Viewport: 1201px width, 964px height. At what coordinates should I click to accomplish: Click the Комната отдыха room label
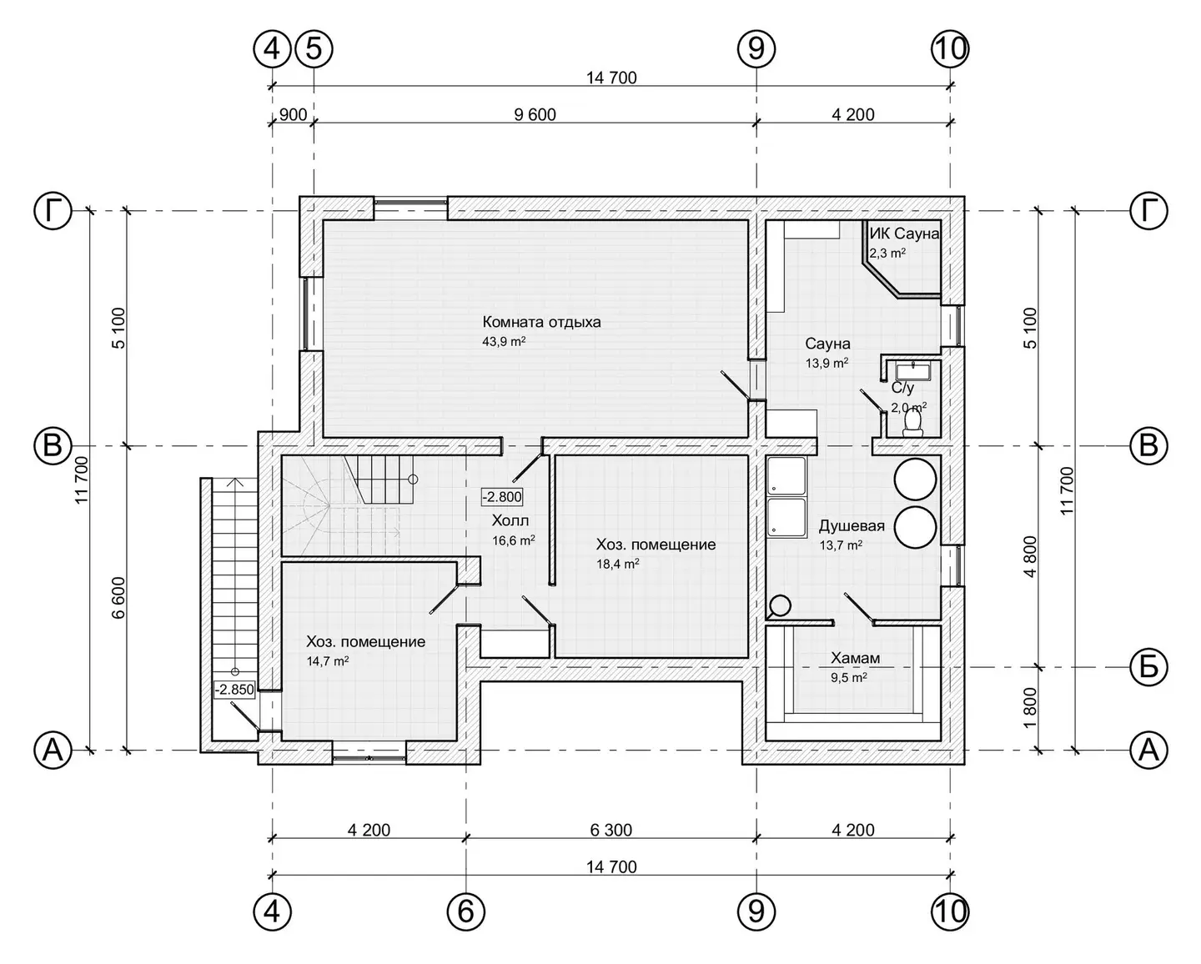click(541, 322)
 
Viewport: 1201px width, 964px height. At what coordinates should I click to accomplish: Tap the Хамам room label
click(855, 658)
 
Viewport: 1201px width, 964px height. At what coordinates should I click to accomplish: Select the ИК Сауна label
click(904, 233)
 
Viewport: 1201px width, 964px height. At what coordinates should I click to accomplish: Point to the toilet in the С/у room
click(913, 422)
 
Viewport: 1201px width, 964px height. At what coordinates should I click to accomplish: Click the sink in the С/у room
click(912, 370)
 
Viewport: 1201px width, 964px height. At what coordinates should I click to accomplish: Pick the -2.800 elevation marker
click(502, 496)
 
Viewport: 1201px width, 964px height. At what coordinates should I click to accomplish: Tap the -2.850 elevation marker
click(234, 690)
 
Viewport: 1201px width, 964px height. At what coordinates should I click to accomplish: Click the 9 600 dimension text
click(535, 114)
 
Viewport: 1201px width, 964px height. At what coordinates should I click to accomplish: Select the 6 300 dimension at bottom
click(611, 830)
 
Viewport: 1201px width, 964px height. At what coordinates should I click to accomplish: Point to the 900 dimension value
click(293, 114)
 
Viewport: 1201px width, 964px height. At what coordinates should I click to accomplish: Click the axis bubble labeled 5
click(314, 49)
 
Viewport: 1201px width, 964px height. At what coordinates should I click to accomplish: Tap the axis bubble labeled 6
click(466, 912)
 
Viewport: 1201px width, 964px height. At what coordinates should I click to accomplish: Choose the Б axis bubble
click(1148, 666)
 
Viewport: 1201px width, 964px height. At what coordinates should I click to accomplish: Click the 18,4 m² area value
click(618, 564)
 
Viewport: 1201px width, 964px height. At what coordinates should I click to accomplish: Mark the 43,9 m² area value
click(504, 341)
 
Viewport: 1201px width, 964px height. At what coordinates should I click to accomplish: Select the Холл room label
click(510, 521)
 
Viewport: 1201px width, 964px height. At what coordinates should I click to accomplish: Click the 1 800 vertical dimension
click(1030, 708)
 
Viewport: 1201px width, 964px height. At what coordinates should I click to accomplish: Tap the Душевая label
click(852, 526)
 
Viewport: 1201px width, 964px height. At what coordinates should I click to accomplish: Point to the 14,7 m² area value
click(328, 661)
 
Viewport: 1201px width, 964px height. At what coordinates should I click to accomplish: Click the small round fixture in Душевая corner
click(780, 605)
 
